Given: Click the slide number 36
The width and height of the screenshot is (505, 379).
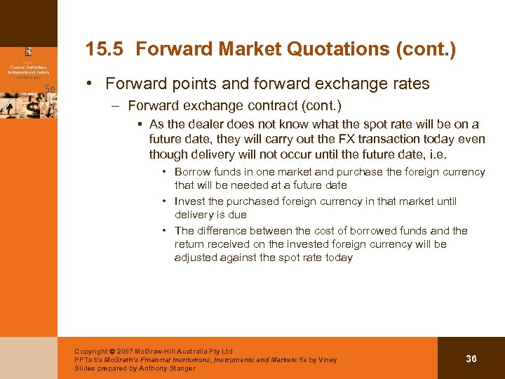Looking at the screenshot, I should tap(471, 359).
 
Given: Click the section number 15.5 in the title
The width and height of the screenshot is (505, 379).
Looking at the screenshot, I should tap(106, 49).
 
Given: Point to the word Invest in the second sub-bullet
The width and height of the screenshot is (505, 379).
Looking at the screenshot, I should tap(190, 201).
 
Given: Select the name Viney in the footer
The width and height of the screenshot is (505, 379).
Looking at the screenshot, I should tap(325, 360).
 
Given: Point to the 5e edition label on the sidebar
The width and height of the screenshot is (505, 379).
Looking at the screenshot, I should tap(50, 88).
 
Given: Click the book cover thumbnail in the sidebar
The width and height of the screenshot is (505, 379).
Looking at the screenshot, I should tap(29, 77).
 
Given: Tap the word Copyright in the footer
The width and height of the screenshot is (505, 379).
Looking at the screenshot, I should tap(91, 352).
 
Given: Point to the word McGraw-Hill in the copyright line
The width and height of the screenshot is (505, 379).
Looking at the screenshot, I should tap(165, 352).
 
